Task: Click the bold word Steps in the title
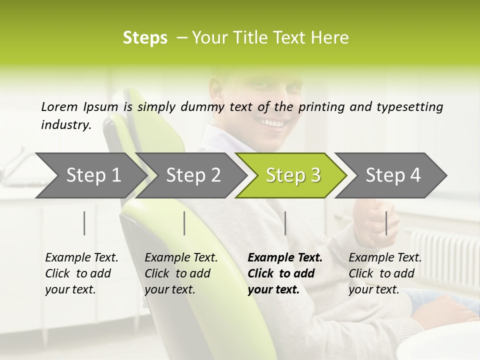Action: [145, 38]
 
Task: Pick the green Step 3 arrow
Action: [293, 175]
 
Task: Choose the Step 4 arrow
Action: [393, 175]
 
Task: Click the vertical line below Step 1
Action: [84, 223]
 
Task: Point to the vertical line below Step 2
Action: [184, 223]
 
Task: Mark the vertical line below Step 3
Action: [285, 223]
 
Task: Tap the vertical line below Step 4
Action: [386, 223]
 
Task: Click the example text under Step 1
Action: [81, 273]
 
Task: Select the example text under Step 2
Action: [181, 273]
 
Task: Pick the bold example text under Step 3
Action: [285, 273]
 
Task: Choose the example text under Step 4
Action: [385, 273]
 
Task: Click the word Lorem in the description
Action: [59, 106]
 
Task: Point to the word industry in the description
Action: [65, 125]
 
